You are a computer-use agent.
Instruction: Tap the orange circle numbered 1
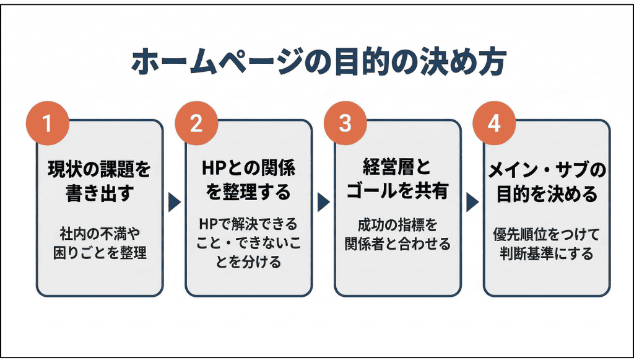(47, 123)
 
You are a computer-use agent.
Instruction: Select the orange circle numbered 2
(196, 123)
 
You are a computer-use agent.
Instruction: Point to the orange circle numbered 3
(345, 123)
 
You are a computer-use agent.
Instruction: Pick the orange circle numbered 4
(493, 123)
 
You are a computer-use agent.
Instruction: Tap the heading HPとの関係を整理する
(248, 180)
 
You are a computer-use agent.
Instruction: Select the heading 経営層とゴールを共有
(397, 180)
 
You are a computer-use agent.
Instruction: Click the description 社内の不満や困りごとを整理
(99, 244)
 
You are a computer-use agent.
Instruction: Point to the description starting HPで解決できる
(248, 243)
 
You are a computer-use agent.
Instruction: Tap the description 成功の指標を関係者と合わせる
(397, 235)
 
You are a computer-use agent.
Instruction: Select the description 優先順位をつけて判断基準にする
(547, 244)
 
